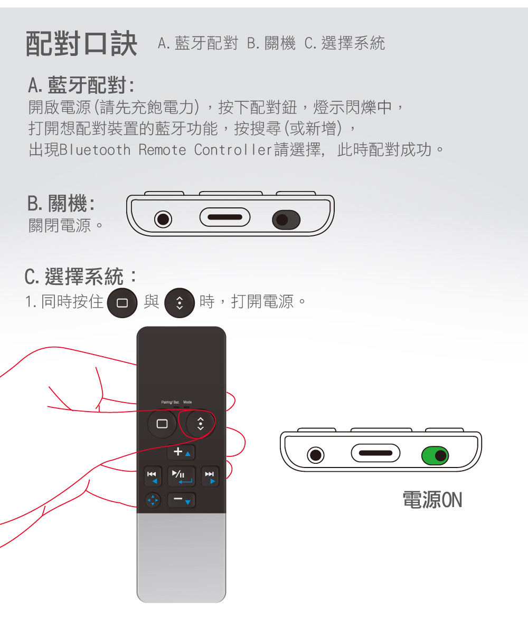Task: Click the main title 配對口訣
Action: coord(81,43)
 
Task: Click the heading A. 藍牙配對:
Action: coord(81,85)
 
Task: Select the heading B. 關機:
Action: coord(61,203)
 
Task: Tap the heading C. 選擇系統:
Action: coord(81,276)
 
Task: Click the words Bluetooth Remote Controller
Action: coord(166,150)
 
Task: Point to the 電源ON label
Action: coord(432,500)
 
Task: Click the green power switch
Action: coord(435,456)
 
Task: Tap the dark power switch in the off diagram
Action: coord(286,220)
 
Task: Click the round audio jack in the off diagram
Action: coord(163,219)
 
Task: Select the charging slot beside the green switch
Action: coord(375,453)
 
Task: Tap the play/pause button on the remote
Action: coord(182,476)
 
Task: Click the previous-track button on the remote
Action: coord(153,476)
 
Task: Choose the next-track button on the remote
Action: coord(210,476)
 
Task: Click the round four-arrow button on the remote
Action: coord(153,500)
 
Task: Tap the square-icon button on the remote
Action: coord(162,424)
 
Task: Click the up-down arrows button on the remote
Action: coord(200,424)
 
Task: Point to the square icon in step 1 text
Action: coord(122,303)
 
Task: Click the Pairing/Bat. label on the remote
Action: coord(170,402)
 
